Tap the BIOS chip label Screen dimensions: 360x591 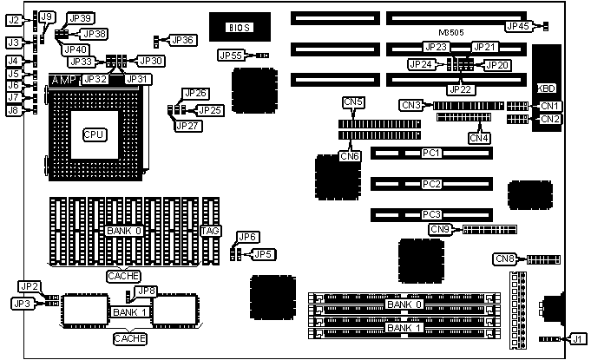240,28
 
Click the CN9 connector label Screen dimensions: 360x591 441,229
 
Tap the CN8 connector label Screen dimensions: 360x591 504,259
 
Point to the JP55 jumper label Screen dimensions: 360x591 231,56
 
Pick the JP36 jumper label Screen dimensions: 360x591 183,40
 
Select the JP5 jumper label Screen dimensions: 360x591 262,253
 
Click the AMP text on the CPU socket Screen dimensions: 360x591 64,80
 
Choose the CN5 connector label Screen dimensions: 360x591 353,103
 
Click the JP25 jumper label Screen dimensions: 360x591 210,110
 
